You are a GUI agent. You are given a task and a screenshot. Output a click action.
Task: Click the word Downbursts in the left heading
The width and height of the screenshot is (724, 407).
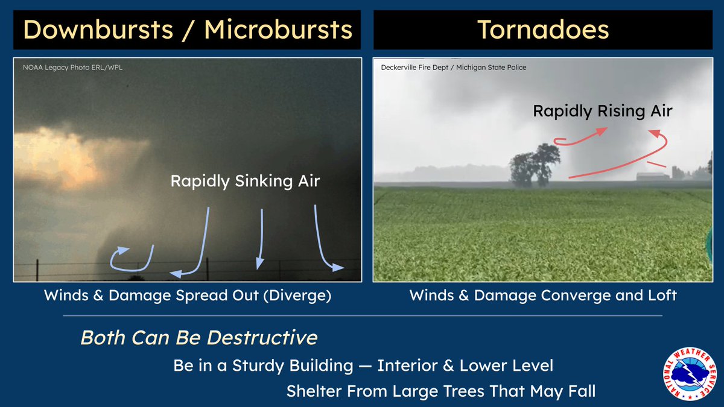[x=98, y=30]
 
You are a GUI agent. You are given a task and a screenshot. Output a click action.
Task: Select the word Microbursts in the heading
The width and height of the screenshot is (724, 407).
[x=278, y=30]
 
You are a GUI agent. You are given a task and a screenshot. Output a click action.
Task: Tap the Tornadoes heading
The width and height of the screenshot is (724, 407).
[x=543, y=30]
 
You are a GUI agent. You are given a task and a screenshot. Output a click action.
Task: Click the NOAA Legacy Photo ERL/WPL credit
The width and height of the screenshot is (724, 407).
[x=73, y=68]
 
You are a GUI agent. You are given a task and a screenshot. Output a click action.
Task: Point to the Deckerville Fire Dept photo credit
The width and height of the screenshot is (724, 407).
[x=454, y=68]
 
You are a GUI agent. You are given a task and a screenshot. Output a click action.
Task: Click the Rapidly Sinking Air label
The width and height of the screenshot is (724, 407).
[x=246, y=181]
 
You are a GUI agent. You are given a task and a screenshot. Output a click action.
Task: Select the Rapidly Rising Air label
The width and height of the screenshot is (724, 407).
[x=603, y=111]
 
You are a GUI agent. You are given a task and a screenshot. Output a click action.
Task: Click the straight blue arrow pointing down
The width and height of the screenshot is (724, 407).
[x=261, y=239]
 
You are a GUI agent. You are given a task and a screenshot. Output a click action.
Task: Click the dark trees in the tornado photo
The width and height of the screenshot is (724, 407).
[x=535, y=165]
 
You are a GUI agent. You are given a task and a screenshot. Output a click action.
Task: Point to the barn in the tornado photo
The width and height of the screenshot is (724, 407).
[x=653, y=176]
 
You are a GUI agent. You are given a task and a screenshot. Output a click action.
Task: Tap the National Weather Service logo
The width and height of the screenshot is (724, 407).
[x=690, y=374]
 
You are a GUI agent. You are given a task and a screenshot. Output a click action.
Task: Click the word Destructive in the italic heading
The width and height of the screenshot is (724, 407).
[x=262, y=338]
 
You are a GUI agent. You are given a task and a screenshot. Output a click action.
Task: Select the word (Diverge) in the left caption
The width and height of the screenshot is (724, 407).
[x=297, y=295]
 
